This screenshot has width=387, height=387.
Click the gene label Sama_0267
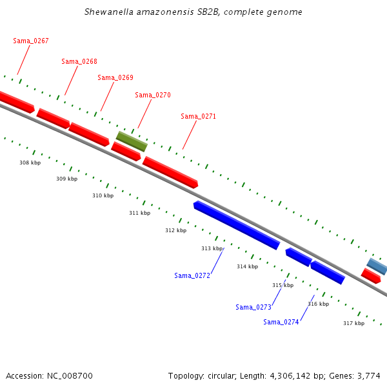coord(31,41)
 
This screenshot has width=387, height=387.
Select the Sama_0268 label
coord(79,61)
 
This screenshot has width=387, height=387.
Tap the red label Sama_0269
coord(115,77)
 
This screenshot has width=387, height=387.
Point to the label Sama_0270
coord(153,95)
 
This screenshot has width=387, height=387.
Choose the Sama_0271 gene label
coord(199,116)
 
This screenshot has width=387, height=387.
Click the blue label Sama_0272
coord(192,275)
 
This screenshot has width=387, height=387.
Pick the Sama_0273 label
coord(253,307)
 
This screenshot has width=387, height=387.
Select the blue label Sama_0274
coord(281,322)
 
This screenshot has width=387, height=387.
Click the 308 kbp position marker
coord(30,163)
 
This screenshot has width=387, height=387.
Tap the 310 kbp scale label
coord(103,195)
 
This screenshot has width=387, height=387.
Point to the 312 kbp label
coord(175,230)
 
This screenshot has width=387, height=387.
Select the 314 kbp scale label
coord(247,266)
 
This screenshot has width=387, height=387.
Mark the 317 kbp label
coord(353,323)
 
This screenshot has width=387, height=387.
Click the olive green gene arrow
coord(132,141)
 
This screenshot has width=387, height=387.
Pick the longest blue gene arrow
coord(237,225)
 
